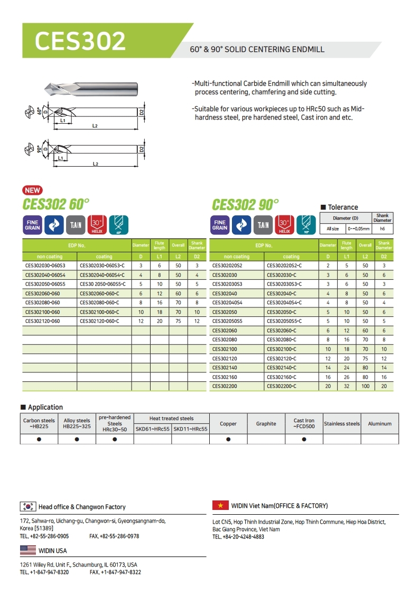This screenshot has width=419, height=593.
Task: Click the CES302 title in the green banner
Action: click(80, 41)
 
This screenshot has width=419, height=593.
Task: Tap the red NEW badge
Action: click(33, 190)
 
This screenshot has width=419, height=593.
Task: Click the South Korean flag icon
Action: click(27, 506)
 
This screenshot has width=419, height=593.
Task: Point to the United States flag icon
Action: click(27, 551)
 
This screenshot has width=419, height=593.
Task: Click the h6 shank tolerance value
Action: click(383, 229)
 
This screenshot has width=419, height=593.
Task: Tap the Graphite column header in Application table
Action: click(266, 424)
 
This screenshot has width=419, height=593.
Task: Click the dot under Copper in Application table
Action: click(228, 439)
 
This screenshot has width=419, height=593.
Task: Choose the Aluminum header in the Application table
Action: click(380, 424)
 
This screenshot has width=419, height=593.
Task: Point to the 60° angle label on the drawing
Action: click(39, 111)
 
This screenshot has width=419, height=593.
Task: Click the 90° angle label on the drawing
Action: click(39, 149)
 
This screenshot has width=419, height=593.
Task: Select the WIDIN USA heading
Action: click(53, 551)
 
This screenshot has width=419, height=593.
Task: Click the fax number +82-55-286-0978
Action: click(115, 536)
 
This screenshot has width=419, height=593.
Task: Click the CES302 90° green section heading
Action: click(245, 204)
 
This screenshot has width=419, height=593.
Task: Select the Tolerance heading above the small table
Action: click(342, 207)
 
